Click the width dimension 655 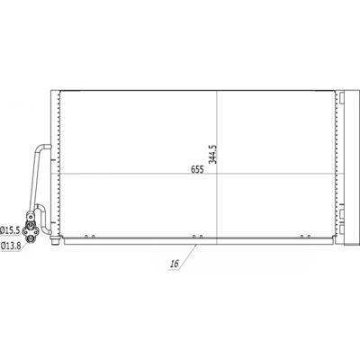coord(197,169)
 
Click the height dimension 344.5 coord(212,154)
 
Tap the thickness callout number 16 coord(174,264)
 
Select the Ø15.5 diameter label coord(10,230)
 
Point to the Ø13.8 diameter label coord(10,247)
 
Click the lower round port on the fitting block coord(31,238)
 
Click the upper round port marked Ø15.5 coord(31,225)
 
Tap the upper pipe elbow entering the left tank coord(43,148)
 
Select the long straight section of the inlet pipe coord(34,181)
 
